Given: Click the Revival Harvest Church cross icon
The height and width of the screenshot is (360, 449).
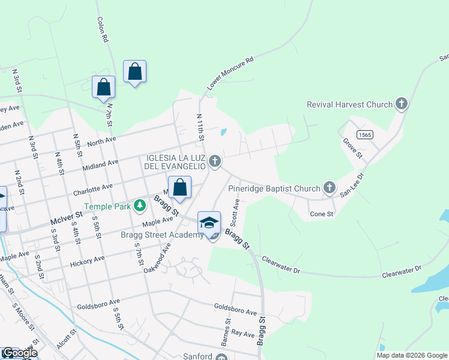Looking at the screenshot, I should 402,104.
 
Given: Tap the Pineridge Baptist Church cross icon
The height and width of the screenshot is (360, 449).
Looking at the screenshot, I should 329,188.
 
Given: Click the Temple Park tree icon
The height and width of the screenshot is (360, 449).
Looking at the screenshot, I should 140,206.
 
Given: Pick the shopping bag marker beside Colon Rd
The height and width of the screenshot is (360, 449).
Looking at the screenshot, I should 135,71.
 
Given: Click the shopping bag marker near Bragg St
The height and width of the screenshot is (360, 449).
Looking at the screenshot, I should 179,188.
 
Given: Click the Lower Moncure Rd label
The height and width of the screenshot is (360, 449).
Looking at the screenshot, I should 231,74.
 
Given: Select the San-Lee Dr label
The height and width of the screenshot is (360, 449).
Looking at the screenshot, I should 352,185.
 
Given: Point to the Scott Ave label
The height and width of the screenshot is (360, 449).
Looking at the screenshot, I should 236,212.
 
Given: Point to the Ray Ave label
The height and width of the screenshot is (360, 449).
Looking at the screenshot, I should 243,333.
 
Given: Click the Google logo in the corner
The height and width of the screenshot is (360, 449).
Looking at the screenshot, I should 19,353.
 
